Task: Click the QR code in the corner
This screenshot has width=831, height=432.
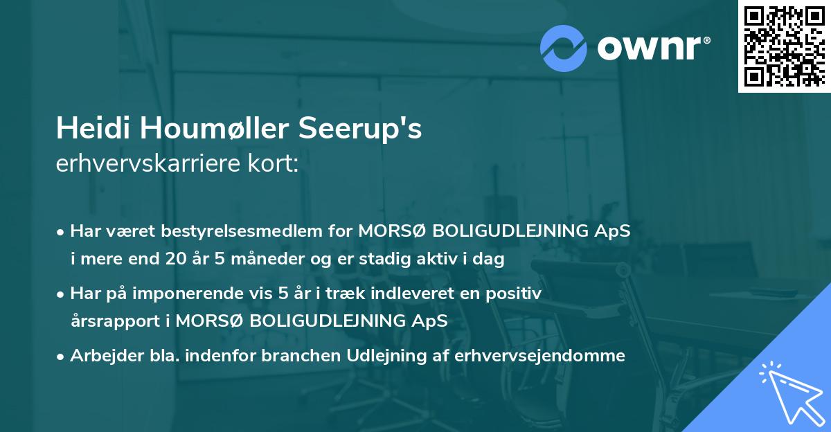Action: (x=784, y=46)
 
